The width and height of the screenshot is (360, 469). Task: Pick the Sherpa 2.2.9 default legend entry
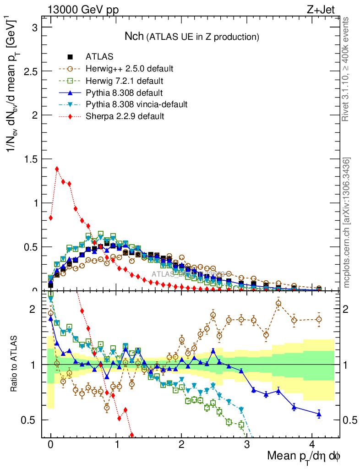pyautogui.click(x=125, y=116)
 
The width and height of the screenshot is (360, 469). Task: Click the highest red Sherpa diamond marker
pyautogui.click(x=57, y=169)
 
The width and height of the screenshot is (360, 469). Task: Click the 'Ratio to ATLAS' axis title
pyautogui.click(x=15, y=364)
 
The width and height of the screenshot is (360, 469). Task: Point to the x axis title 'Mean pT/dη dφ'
pyautogui.click(x=303, y=456)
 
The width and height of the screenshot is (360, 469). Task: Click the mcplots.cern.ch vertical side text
pyautogui.click(x=346, y=222)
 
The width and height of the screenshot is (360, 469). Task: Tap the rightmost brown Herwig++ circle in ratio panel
pyautogui.click(x=319, y=319)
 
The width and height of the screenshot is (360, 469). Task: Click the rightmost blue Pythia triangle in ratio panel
pyautogui.click(x=319, y=414)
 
